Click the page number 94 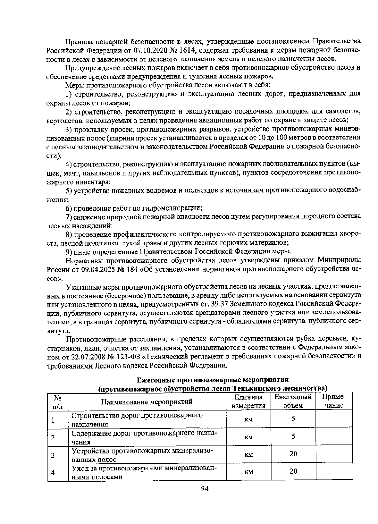(x=205, y=488)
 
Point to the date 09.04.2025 (x=95, y=269)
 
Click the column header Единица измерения (x=249, y=401)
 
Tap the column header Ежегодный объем (x=293, y=401)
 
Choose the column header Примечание (x=334, y=401)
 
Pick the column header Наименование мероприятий (x=147, y=402)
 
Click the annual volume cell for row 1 (x=293, y=419)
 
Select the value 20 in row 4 (x=293, y=471)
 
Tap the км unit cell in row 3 (x=249, y=454)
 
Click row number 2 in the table (x=53, y=437)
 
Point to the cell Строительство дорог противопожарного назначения (x=137, y=419)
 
